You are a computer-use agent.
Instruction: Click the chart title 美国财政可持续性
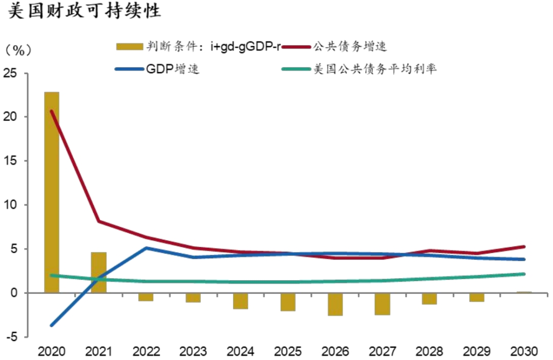[84, 12]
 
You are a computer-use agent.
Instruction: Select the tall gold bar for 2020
[52, 192]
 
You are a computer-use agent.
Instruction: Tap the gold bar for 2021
[99, 272]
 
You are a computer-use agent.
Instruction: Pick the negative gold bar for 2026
[335, 304]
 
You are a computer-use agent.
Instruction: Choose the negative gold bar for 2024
[241, 301]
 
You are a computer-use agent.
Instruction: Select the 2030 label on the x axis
[524, 352]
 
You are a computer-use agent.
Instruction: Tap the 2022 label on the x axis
[146, 352]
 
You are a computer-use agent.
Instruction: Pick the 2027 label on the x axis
[382, 352]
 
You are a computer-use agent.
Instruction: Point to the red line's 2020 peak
[52, 111]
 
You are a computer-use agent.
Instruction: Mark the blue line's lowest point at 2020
[52, 325]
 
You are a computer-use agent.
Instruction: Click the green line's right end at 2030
[524, 274]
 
